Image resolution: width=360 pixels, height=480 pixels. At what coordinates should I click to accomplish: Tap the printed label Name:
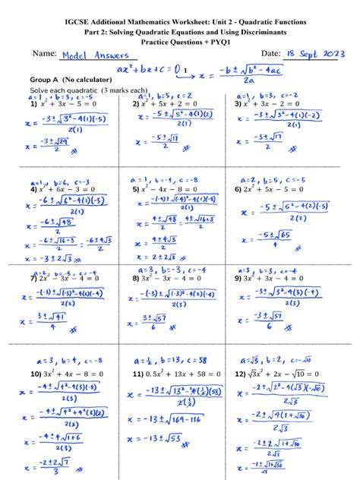[46, 53]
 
